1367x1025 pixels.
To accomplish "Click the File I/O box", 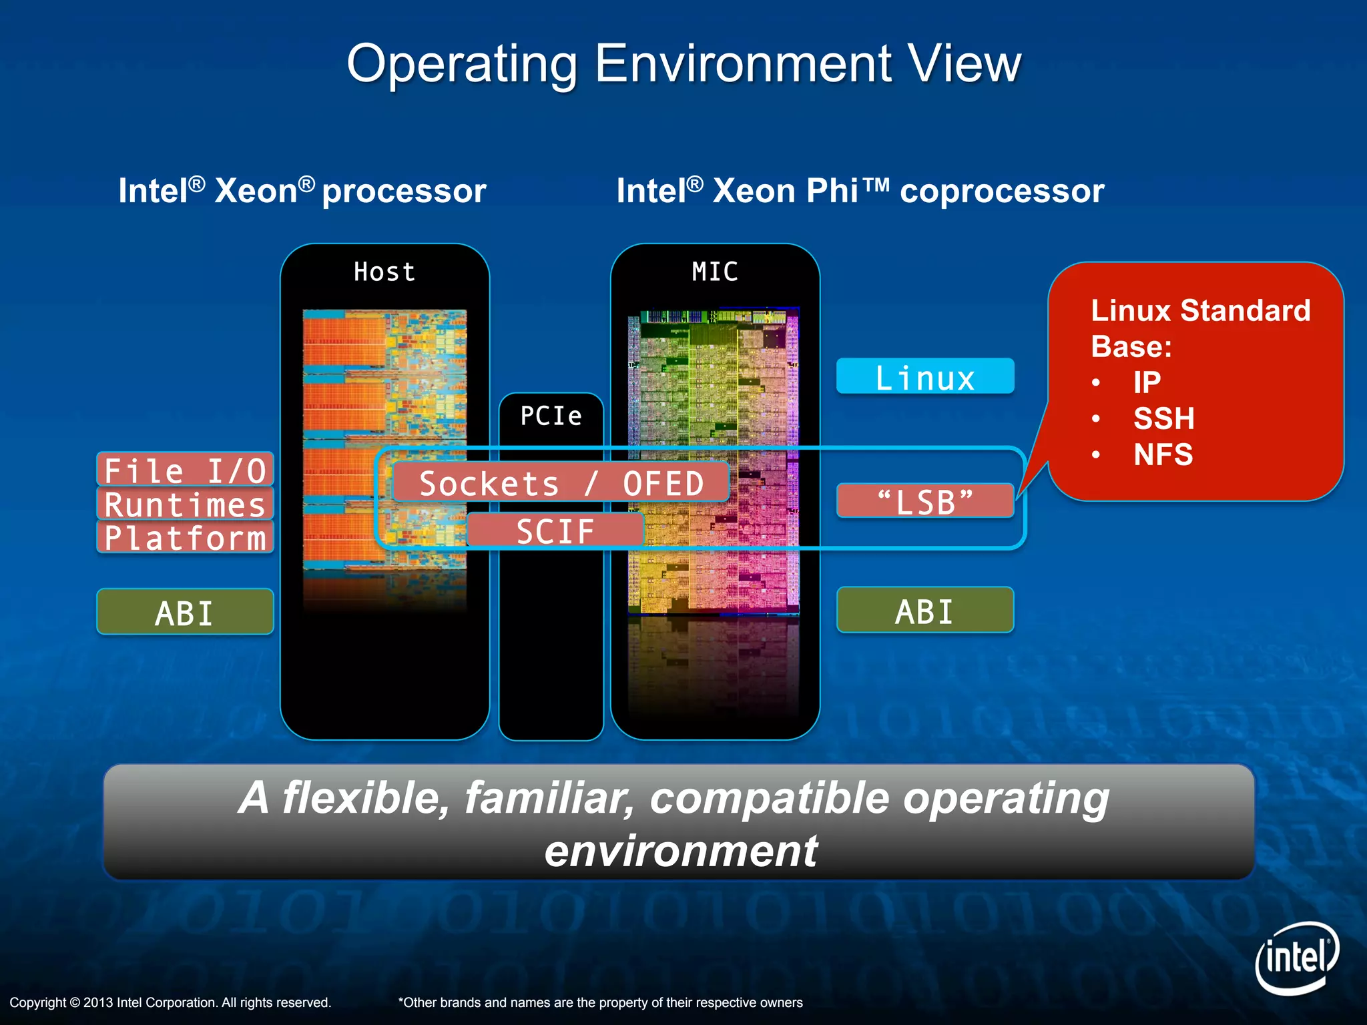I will (x=185, y=470).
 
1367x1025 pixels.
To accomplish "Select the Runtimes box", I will (x=185, y=504).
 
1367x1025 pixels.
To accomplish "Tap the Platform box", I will (x=185, y=537).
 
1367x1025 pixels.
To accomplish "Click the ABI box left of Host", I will (x=185, y=612).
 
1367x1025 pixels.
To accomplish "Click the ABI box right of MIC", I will (x=924, y=611).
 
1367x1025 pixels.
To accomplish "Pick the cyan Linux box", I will (x=924, y=377).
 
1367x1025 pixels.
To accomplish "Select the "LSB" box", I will (x=924, y=501).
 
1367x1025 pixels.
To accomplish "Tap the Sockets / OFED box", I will (x=561, y=482).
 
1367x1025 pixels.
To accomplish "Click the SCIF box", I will (x=555, y=531).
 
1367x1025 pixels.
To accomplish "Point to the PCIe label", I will (x=551, y=416).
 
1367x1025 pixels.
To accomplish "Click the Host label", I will (x=384, y=272).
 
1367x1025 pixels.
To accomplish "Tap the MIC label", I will (x=715, y=272).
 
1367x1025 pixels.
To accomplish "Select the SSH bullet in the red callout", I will (x=1163, y=418).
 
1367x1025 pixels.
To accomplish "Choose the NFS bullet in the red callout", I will (x=1163, y=454).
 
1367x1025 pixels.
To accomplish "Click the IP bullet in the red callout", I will (x=1147, y=382).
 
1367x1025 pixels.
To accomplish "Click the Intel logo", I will (x=1297, y=958).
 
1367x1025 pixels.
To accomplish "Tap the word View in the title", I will (x=965, y=63).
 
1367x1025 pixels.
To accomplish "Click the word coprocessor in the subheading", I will (x=1002, y=192).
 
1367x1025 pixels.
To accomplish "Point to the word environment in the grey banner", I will (x=681, y=851).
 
